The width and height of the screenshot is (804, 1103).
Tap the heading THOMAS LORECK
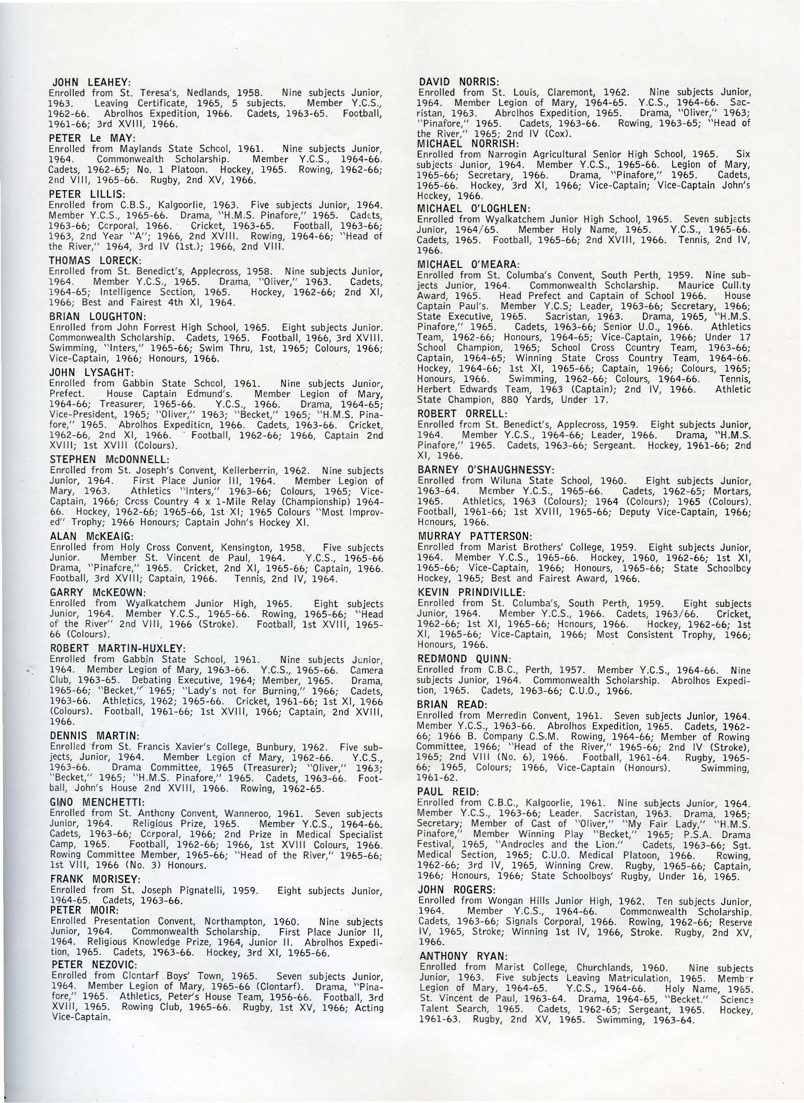95,261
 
